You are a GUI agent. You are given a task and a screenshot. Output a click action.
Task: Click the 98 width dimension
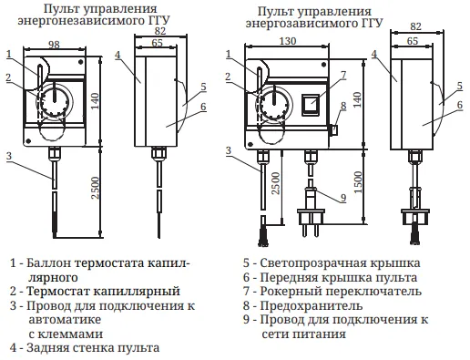coord(54,45)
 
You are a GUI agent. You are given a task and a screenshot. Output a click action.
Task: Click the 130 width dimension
coord(287,41)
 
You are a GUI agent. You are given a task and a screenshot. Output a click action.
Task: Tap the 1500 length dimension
coord(358,182)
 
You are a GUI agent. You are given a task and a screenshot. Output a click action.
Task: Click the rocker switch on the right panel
coord(311,105)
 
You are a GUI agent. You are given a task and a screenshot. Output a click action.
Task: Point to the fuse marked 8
coord(334,129)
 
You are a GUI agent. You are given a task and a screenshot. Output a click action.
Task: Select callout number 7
coord(343,75)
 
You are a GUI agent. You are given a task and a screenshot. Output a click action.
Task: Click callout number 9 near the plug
coord(343,198)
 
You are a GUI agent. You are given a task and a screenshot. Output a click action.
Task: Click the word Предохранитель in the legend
coord(312,305)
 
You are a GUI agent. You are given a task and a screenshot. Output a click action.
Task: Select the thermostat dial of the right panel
coord(274,105)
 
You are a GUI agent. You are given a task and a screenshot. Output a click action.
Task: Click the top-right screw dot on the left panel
coord(80,62)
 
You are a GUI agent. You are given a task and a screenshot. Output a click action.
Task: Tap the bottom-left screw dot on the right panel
coord(250,144)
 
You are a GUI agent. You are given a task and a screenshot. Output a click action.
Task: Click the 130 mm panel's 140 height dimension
coord(358,99)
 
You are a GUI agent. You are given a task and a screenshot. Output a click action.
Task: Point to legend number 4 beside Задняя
coord(13,348)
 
